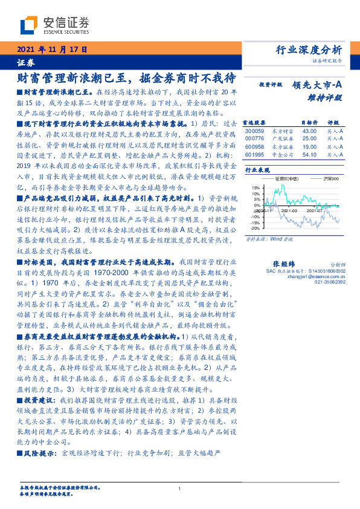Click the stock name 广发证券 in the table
pyautogui.click(x=281, y=138)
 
